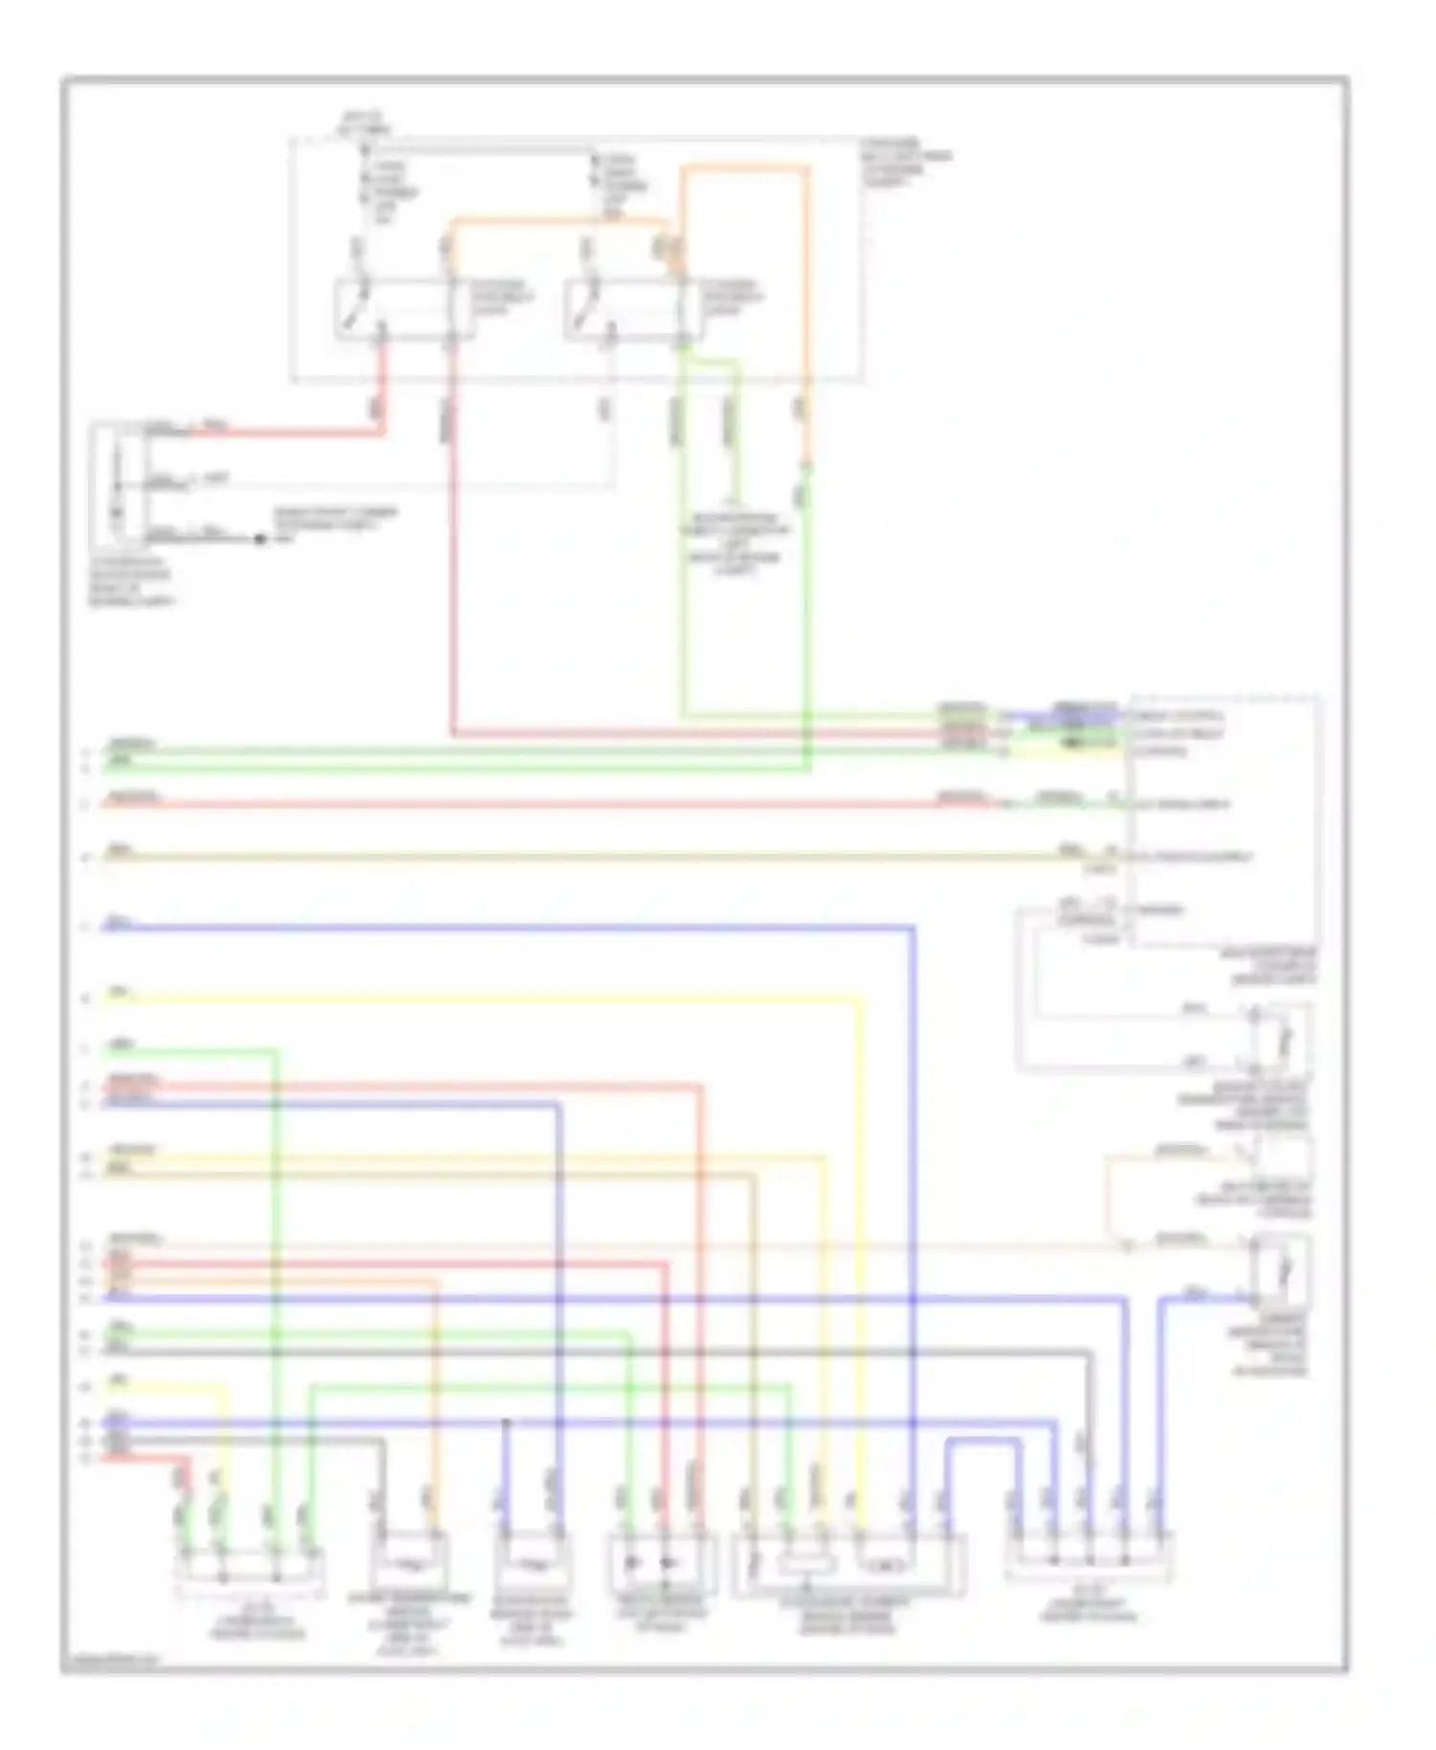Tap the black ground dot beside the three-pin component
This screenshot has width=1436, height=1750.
[259, 539]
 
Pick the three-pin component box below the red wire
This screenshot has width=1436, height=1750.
[118, 483]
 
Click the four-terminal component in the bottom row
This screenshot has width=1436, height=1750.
[250, 1570]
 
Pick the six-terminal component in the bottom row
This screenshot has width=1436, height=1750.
[848, 1565]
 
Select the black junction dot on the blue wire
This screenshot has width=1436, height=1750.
[506, 1424]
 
